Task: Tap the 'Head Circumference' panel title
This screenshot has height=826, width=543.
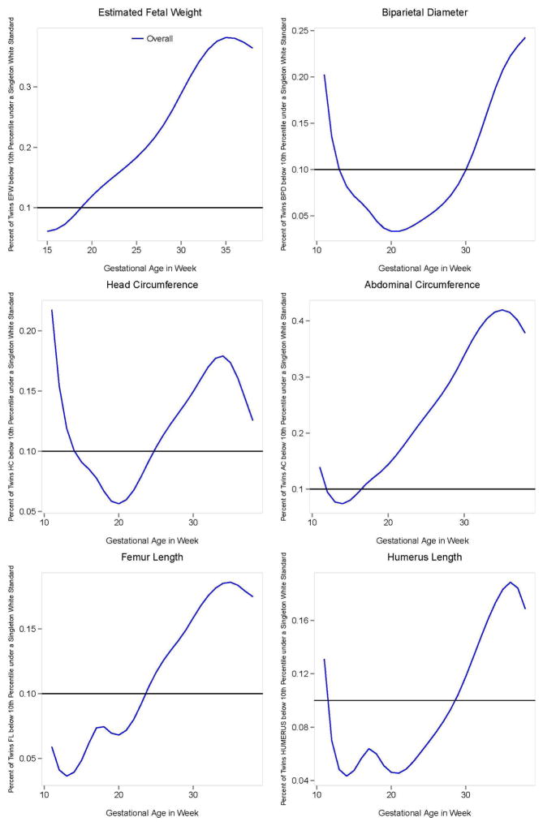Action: (x=150, y=285)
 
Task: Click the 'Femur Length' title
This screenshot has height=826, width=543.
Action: (x=150, y=557)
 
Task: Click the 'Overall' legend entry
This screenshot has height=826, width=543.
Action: (x=159, y=38)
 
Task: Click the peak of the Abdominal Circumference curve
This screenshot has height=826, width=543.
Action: (x=503, y=310)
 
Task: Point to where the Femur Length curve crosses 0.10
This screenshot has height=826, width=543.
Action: (x=146, y=694)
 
